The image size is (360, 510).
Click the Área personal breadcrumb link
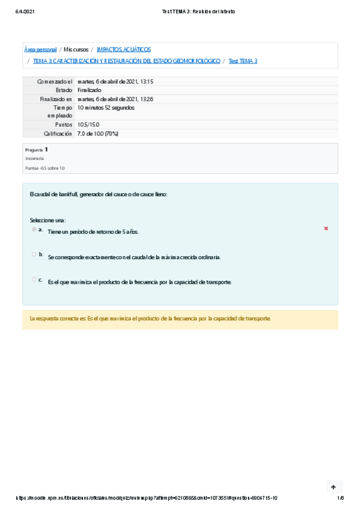tap(40, 49)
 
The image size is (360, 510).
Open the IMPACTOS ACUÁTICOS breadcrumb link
tap(123, 49)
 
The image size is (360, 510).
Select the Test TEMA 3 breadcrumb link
tap(243, 61)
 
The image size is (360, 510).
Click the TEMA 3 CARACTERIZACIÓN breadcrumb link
tap(126, 61)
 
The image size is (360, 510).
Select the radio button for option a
tap(34, 230)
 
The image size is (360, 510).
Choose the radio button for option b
tap(34, 254)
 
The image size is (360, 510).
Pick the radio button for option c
tap(34, 279)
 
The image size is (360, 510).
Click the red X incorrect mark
tap(326, 229)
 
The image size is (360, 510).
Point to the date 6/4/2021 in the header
tap(25, 11)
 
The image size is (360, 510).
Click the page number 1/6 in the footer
tap(340, 498)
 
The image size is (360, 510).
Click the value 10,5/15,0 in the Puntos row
tap(88, 124)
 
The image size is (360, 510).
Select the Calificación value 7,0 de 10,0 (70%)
tap(98, 134)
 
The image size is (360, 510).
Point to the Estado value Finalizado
tap(90, 90)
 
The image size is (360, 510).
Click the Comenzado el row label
tap(54, 81)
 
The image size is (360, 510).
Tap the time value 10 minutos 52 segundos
tap(106, 108)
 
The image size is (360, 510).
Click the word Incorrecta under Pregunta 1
tap(34, 158)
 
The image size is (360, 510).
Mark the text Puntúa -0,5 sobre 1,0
tap(44, 168)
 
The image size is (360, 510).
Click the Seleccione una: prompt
tap(47, 220)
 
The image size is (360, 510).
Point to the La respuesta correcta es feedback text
tap(150, 319)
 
